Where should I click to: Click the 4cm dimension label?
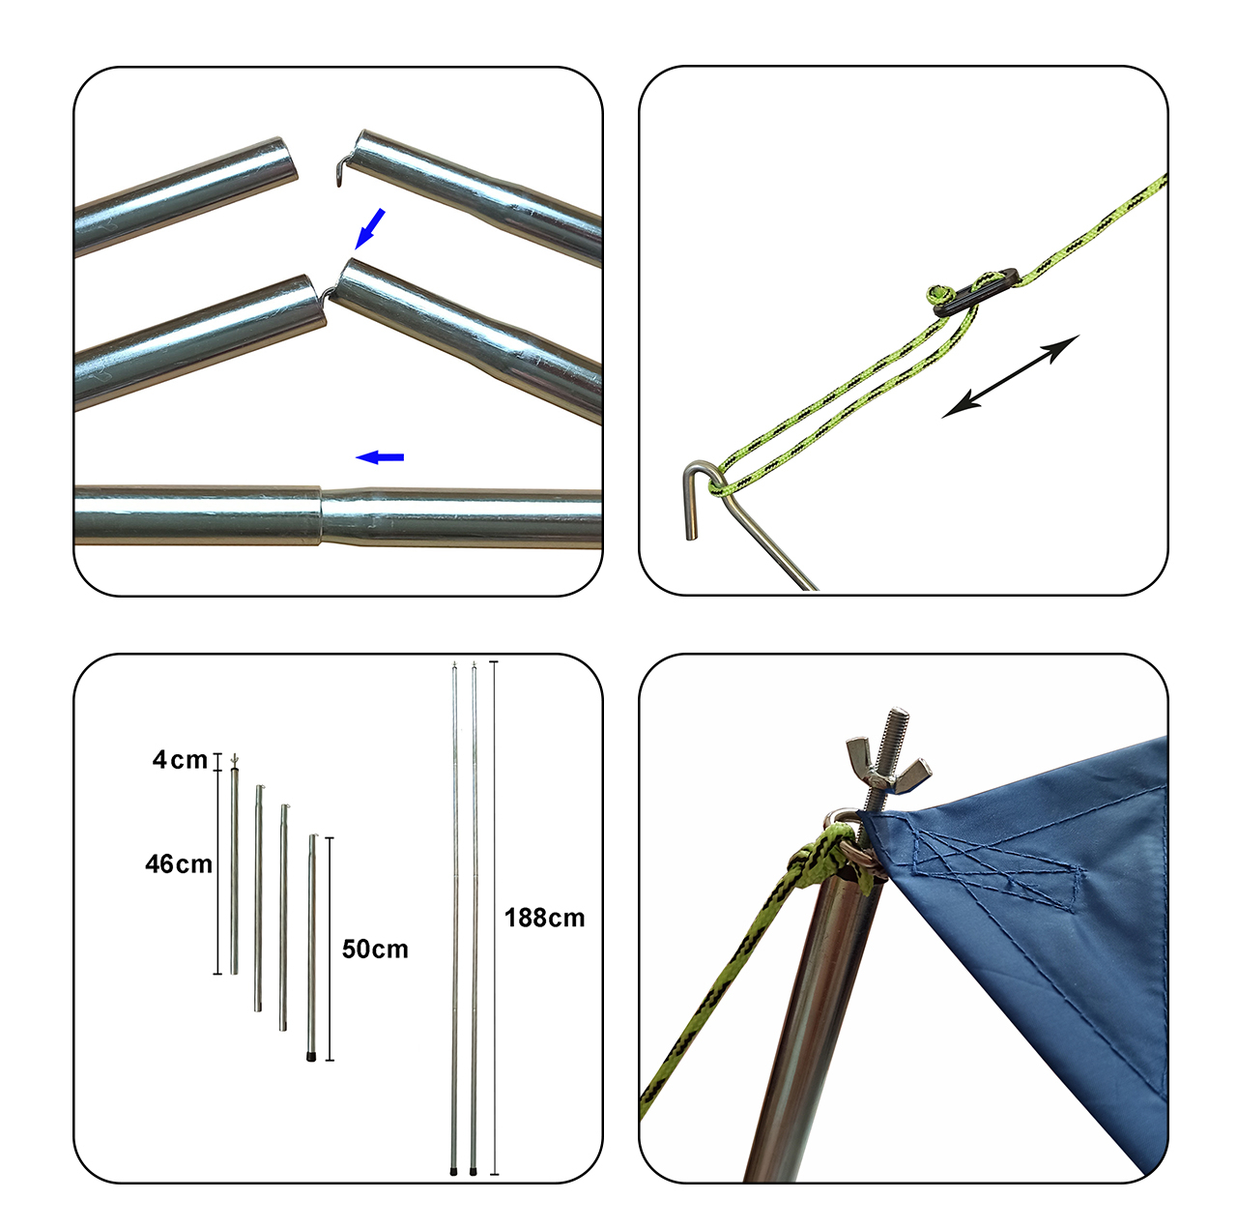tap(180, 760)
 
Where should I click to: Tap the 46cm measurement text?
tap(179, 864)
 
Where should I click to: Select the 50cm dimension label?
tap(375, 950)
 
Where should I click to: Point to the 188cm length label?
tap(544, 918)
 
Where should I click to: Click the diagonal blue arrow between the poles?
tap(370, 228)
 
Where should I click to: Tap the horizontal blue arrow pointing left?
tap(380, 457)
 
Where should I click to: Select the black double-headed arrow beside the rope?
tap(1010, 376)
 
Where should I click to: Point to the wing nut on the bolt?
tap(887, 763)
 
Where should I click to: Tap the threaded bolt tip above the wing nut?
tap(898, 718)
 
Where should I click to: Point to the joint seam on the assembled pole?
tap(320, 515)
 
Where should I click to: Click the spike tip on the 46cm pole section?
tap(234, 758)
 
